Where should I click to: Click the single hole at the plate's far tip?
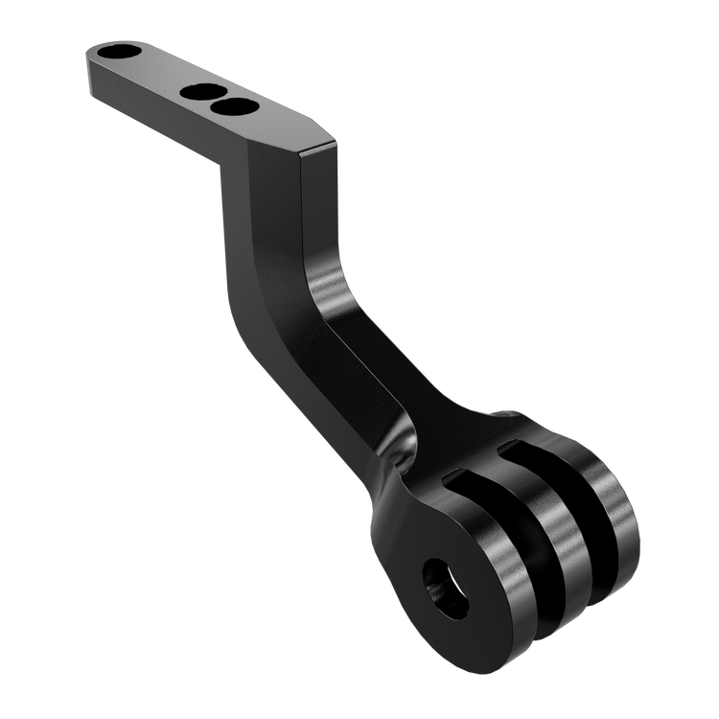(x=121, y=51)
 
